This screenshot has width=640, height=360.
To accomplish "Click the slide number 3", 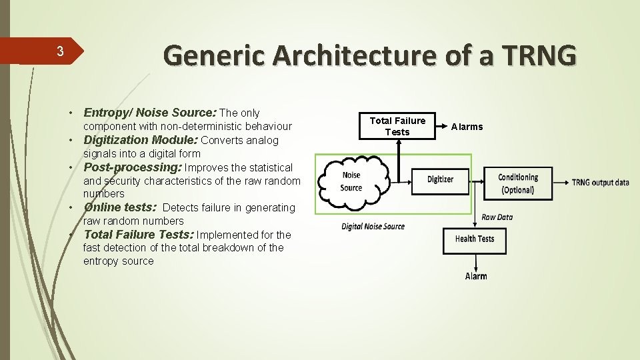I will (x=59, y=51).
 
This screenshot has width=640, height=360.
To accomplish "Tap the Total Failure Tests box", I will (x=397, y=126).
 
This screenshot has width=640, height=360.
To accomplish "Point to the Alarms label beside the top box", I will (x=467, y=127).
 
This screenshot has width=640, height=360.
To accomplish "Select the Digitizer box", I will (x=440, y=179).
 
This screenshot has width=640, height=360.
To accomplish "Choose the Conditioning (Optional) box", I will (x=518, y=183).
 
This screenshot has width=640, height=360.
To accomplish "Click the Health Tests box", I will (x=474, y=239).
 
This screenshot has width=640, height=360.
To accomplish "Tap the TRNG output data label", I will (x=600, y=183).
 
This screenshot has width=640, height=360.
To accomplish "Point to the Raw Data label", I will (x=497, y=217).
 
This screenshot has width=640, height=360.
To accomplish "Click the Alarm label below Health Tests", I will (x=476, y=276).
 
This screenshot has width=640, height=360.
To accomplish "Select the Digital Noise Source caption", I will (x=373, y=227).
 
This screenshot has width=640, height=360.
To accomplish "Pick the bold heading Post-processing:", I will (x=132, y=167).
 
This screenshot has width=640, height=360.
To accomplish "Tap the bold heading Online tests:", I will (x=120, y=207).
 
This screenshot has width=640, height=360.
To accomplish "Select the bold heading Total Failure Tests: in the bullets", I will (x=139, y=235).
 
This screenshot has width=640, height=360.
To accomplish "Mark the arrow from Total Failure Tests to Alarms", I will (x=441, y=126).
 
